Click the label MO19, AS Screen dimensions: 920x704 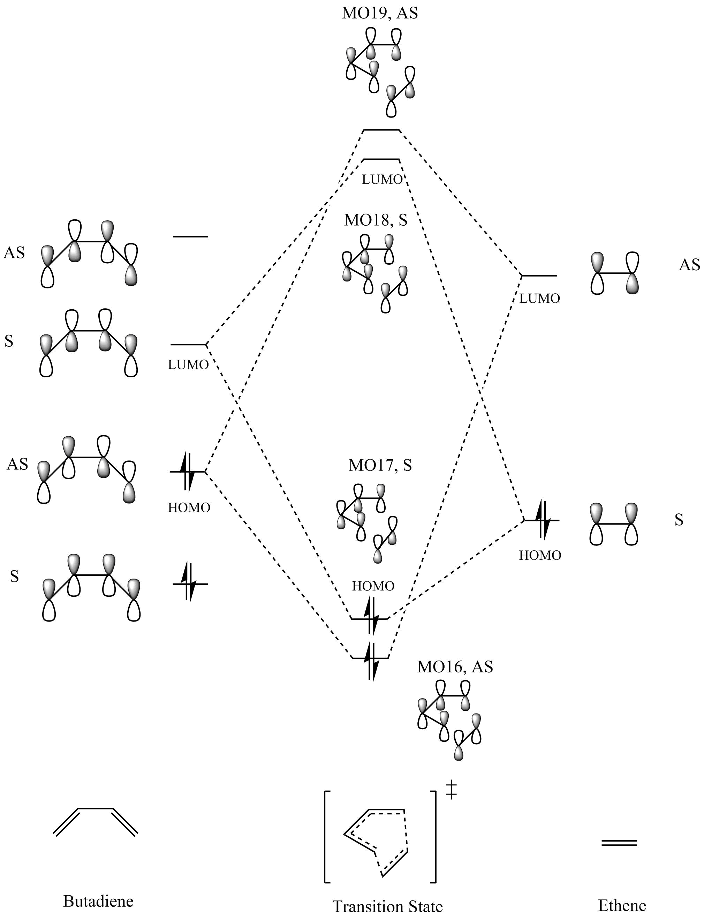point(380,13)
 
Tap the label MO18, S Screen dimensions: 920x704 point(376,220)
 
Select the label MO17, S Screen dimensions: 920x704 point(380,465)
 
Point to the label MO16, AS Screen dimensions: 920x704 point(455,667)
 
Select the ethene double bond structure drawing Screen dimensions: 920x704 point(619,843)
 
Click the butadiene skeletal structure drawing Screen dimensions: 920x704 point(95,822)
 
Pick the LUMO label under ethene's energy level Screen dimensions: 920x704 point(539,299)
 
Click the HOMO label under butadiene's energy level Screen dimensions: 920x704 point(189,508)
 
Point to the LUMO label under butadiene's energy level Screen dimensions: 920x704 point(188,365)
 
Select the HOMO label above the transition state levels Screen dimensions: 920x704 point(373,586)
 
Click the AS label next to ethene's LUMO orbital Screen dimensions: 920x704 point(689,265)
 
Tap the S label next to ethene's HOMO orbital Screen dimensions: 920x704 point(679,520)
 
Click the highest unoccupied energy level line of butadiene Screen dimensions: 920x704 point(191,237)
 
